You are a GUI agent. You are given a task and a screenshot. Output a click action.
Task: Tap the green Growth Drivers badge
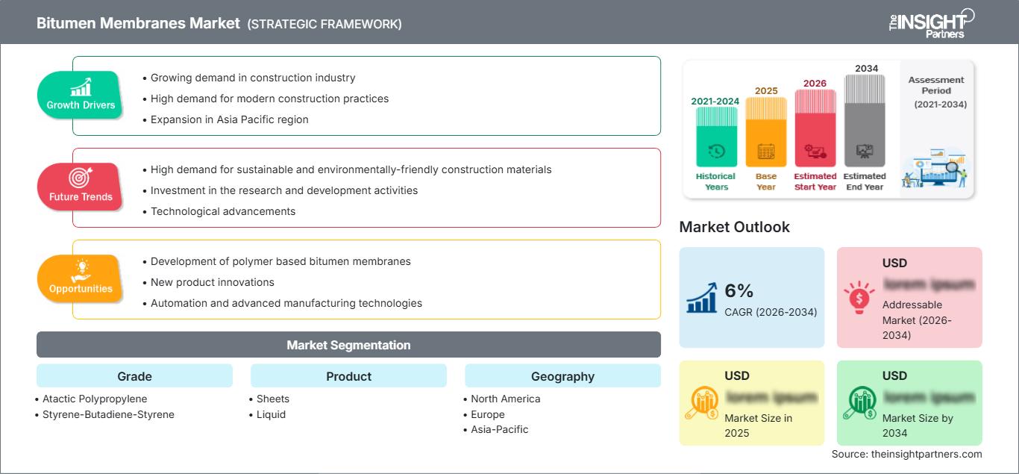pos(81,95)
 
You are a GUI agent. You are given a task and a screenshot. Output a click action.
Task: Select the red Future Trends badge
pos(81,187)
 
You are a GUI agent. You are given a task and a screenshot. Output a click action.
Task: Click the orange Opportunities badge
pos(81,278)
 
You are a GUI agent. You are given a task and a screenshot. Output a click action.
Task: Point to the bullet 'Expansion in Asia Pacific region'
pos(229,119)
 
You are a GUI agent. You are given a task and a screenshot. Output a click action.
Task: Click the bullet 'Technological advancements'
pos(222,211)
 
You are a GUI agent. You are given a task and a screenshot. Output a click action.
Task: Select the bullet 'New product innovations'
pos(212,282)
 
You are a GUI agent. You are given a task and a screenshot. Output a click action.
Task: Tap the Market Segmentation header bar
pos(348,345)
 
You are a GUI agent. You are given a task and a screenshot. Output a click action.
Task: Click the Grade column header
pos(134,376)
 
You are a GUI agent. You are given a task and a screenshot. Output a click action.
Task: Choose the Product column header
pos(348,376)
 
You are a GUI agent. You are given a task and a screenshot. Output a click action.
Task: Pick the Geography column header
pos(562,376)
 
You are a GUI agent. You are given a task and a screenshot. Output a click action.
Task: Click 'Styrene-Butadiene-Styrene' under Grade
pos(107,414)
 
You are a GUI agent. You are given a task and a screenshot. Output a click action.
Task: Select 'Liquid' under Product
pos(271,414)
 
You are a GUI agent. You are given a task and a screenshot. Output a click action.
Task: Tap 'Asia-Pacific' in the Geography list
pos(499,429)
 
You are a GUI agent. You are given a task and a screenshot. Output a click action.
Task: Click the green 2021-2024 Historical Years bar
pos(716,138)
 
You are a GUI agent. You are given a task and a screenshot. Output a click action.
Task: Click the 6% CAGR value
pos(739,291)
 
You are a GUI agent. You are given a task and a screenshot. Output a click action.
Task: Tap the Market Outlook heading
pos(734,227)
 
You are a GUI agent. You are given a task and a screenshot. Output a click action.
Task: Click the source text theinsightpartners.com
pos(906,454)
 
